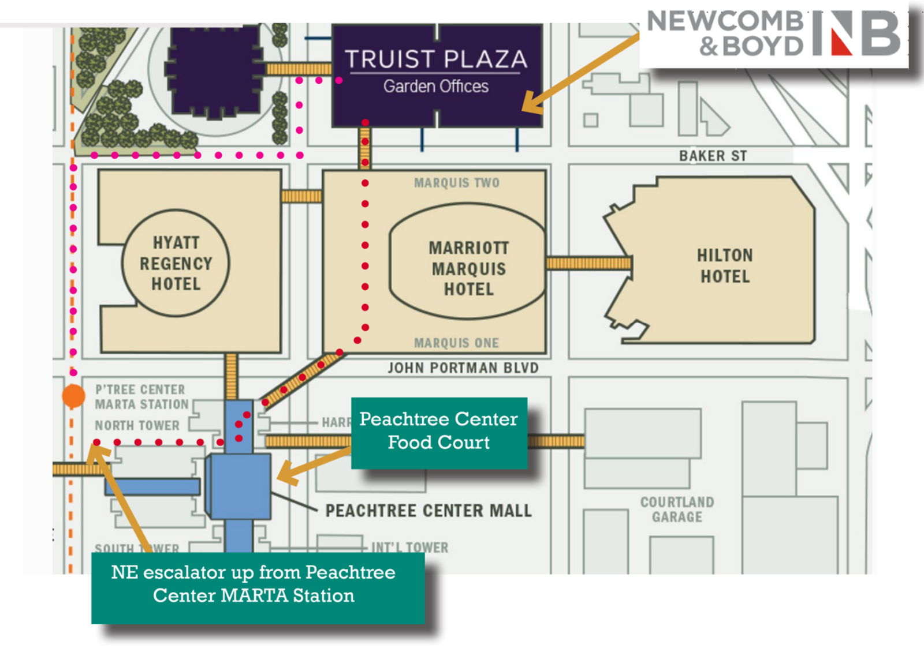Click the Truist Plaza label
(x=436, y=59)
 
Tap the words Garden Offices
(x=436, y=87)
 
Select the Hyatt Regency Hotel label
(x=176, y=263)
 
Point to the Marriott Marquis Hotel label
(x=468, y=268)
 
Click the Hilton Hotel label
(x=725, y=266)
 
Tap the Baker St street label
(x=713, y=156)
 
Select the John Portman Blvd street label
(x=463, y=368)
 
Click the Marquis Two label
(x=456, y=183)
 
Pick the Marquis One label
(x=456, y=343)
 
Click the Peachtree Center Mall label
(x=428, y=511)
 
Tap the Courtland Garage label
(x=677, y=509)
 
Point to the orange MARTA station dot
(x=73, y=396)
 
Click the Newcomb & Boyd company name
(x=725, y=33)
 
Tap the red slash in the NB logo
(x=841, y=40)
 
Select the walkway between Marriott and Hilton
(x=588, y=263)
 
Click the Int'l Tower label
(x=409, y=547)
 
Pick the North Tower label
(x=137, y=425)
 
